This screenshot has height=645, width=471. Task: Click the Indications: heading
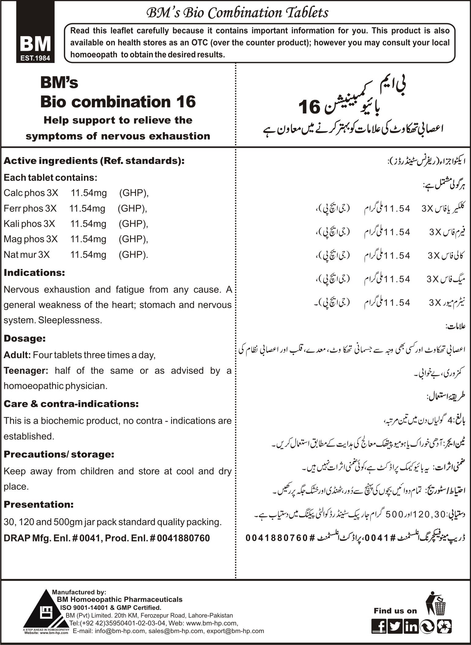click(x=34, y=272)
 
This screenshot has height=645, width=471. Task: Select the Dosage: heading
click(x=25, y=338)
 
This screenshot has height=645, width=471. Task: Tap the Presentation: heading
click(x=39, y=504)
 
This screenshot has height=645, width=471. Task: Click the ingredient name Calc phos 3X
click(x=31, y=193)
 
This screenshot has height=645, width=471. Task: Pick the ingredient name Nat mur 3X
click(x=27, y=254)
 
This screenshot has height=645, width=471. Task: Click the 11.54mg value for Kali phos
click(x=88, y=224)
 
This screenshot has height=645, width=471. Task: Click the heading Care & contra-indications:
click(x=71, y=404)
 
